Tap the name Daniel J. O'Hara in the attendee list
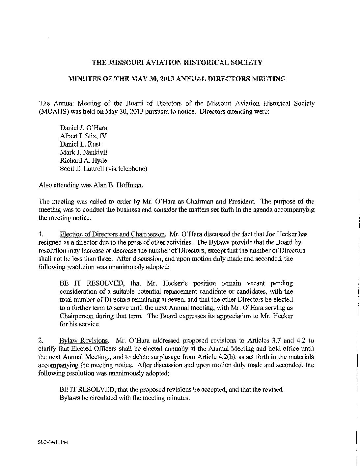coord(84,128)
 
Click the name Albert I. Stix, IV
coord(83,136)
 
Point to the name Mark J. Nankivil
coord(84,152)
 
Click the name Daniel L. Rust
coord(80,144)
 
